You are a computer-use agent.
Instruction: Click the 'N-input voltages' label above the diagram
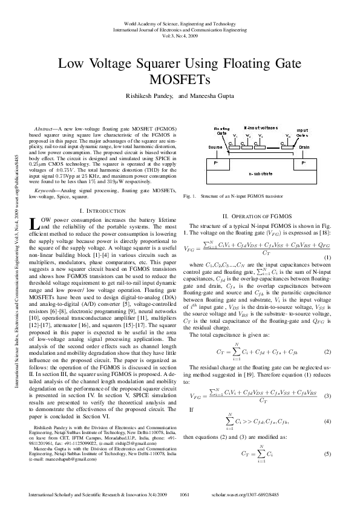click(x=261, y=128)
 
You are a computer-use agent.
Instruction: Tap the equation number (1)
click(x=327, y=258)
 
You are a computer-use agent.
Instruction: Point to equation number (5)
click(x=327, y=453)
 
